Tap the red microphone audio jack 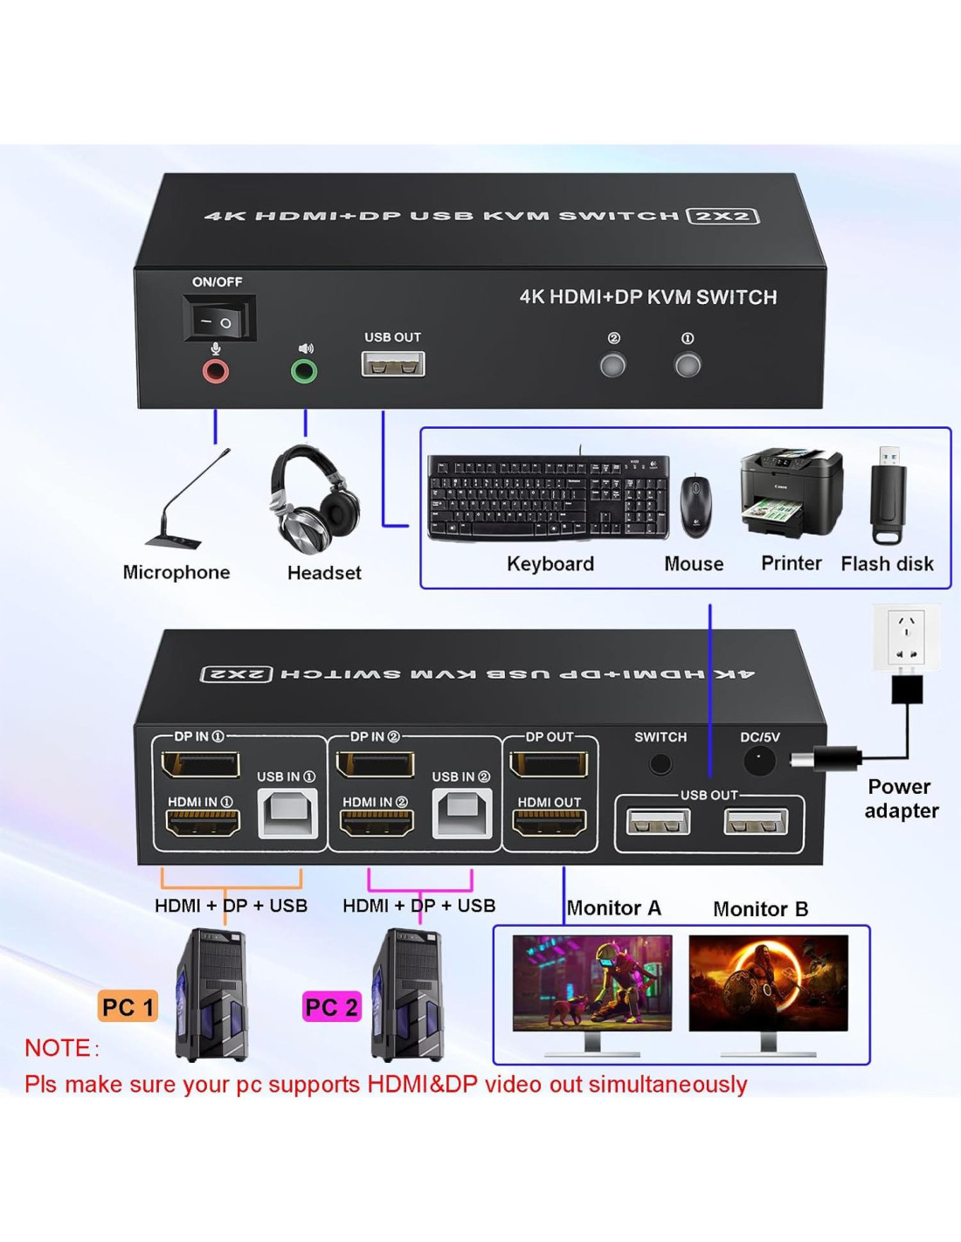[216, 372]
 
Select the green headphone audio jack [304, 372]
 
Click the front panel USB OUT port [393, 364]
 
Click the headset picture [315, 498]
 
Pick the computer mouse [695, 506]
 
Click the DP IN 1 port [200, 765]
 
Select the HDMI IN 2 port [376, 823]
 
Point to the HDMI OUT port [549, 823]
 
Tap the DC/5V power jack [758, 762]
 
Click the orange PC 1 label [128, 1007]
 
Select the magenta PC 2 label [331, 1007]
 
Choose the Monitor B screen [768, 983]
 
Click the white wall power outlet [906, 637]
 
